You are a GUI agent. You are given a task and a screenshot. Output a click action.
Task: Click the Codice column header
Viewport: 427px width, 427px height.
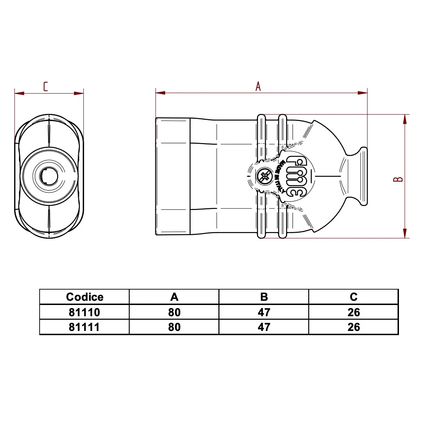click(x=84, y=297)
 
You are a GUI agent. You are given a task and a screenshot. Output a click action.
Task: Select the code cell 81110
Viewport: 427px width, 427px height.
click(x=84, y=312)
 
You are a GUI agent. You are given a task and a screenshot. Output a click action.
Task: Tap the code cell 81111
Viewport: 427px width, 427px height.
click(x=84, y=327)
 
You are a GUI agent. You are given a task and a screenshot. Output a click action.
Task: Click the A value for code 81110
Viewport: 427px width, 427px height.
click(x=174, y=312)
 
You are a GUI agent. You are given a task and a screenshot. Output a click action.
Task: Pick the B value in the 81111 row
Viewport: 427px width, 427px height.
click(x=264, y=327)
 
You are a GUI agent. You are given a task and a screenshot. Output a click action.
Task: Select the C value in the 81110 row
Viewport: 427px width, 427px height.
click(x=354, y=312)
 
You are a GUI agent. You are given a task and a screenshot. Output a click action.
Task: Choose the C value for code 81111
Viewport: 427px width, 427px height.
click(x=354, y=327)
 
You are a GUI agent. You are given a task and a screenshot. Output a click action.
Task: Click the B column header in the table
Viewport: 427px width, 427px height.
click(x=264, y=297)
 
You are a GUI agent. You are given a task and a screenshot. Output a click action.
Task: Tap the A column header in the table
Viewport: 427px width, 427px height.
click(x=174, y=297)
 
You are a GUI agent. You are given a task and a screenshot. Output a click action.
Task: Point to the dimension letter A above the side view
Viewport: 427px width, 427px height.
click(x=258, y=86)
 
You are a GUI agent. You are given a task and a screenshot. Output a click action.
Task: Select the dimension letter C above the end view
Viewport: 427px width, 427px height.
click(x=45, y=87)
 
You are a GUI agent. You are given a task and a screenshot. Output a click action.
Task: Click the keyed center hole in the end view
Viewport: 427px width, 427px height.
click(x=48, y=176)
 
